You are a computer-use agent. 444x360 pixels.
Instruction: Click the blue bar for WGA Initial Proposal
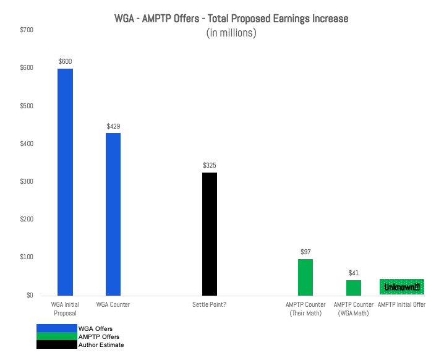click(65, 182)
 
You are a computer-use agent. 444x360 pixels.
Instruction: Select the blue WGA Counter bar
click(113, 214)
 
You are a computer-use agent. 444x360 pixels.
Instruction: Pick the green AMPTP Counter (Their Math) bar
click(305, 277)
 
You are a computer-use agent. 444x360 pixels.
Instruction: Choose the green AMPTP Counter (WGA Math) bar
click(354, 288)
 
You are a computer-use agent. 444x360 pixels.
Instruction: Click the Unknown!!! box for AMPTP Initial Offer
click(401, 287)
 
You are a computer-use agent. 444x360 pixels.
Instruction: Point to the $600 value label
click(65, 61)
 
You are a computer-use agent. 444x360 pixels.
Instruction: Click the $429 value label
click(113, 126)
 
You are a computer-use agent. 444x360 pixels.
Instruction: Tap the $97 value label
click(305, 252)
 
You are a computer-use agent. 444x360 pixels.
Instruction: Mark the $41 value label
click(354, 273)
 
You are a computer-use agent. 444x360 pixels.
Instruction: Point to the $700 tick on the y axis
click(27, 30)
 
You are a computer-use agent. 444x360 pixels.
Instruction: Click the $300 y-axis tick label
click(27, 181)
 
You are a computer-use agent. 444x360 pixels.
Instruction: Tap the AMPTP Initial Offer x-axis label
click(401, 304)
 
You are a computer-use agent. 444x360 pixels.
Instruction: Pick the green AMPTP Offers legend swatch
click(56, 336)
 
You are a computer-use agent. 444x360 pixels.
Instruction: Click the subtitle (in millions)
click(231, 33)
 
